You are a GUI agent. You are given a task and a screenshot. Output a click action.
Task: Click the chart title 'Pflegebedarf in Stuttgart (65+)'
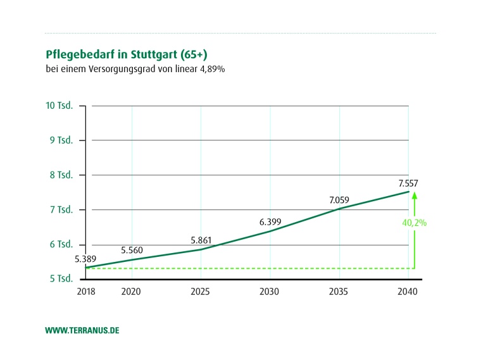click(x=127, y=54)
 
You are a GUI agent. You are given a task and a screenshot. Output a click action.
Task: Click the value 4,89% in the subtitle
click(x=211, y=68)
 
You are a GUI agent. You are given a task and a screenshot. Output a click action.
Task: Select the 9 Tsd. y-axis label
click(x=61, y=140)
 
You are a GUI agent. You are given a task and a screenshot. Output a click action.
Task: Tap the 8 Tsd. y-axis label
click(x=61, y=175)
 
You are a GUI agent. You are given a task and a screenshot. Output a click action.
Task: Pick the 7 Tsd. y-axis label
click(x=61, y=209)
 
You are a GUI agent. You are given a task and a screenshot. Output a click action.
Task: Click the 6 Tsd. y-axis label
click(x=61, y=244)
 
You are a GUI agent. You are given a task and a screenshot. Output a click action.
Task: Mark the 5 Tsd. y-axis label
click(x=61, y=279)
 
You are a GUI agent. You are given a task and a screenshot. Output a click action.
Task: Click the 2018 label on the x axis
click(x=85, y=292)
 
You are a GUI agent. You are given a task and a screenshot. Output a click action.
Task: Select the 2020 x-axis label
click(x=131, y=292)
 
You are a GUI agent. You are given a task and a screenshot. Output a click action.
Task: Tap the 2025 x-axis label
click(x=201, y=292)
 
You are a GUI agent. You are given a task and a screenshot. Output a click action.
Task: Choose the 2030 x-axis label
click(x=270, y=292)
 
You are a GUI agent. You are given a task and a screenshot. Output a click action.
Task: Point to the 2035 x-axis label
click(x=339, y=292)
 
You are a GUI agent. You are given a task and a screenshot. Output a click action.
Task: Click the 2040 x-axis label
click(x=409, y=292)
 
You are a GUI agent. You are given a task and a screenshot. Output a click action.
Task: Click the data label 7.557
click(x=408, y=183)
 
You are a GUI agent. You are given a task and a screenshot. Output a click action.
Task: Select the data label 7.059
click(x=339, y=201)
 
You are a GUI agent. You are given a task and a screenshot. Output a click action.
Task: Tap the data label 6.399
click(x=270, y=222)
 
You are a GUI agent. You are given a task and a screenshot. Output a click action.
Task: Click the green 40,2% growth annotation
click(x=414, y=223)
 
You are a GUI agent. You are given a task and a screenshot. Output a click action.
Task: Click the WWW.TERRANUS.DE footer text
click(x=82, y=331)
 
